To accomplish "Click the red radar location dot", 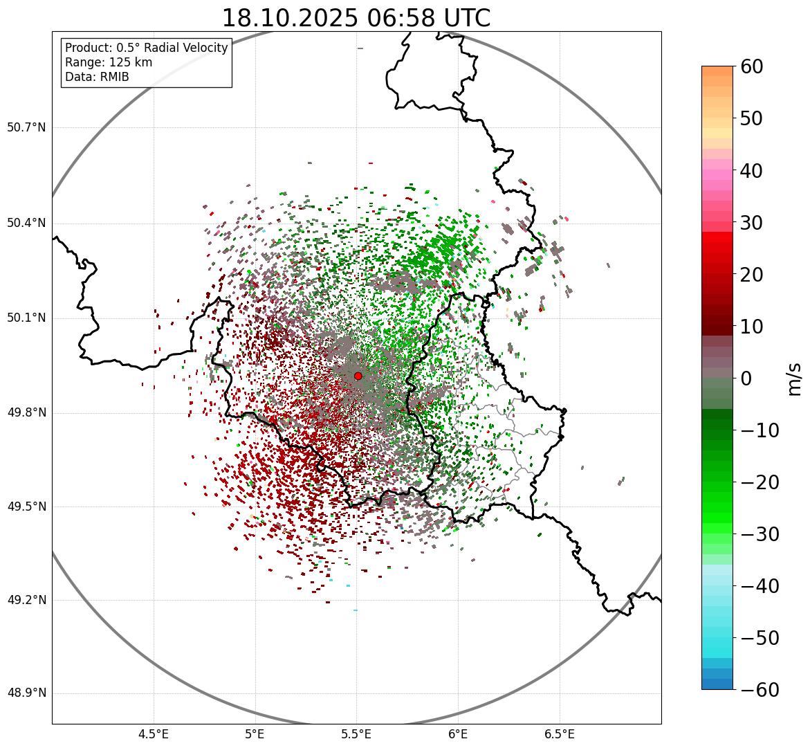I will pyautogui.click(x=358, y=376).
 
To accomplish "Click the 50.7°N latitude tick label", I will pyautogui.click(x=26, y=128).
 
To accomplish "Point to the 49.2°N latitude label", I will pyautogui.click(x=26, y=600).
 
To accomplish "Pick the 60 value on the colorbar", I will pyautogui.click(x=752, y=66).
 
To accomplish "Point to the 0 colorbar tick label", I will pyautogui.click(x=746, y=378).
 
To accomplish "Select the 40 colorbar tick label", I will pyautogui.click(x=752, y=170).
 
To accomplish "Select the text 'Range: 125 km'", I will pyautogui.click(x=109, y=62).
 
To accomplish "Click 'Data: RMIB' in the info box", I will pyautogui.click(x=97, y=77).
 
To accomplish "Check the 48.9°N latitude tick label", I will pyautogui.click(x=26, y=693).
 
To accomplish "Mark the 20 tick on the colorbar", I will pyautogui.click(x=752, y=275).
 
